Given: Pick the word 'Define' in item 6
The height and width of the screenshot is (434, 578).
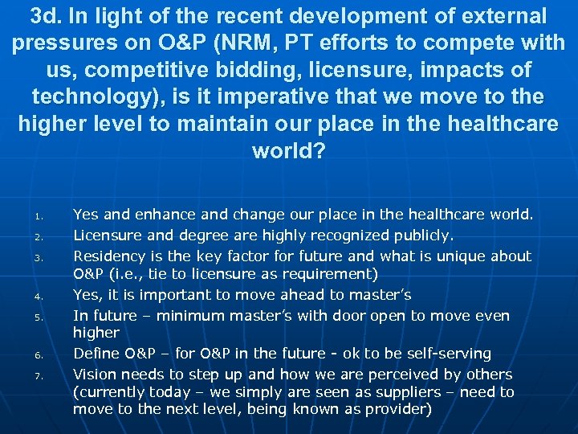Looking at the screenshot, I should [x=96, y=353].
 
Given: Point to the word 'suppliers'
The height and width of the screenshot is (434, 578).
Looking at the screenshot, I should [x=405, y=391].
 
